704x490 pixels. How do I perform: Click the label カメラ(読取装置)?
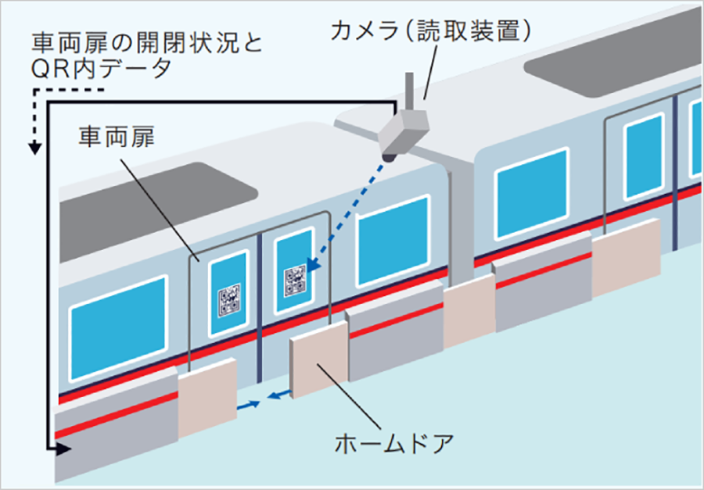pyautogui.click(x=432, y=31)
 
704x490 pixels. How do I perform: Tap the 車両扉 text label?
pyautogui.click(x=117, y=137)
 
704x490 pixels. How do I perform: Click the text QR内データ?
pyautogui.click(x=102, y=68)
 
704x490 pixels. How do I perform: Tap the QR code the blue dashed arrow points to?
pyautogui.click(x=295, y=280)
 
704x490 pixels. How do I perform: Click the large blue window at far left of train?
pyautogui.click(x=119, y=317)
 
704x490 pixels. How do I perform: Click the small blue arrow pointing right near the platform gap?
pyautogui.click(x=249, y=406)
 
